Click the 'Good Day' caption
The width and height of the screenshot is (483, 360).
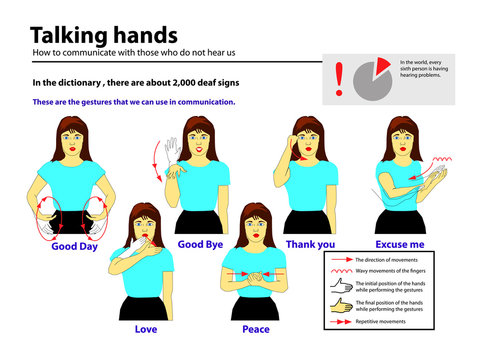[x=74, y=246]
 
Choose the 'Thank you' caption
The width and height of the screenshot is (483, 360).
[x=311, y=243]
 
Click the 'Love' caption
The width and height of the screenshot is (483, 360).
[x=147, y=328]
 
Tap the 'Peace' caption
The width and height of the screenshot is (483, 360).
[x=256, y=328]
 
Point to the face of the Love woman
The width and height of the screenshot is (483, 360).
[x=147, y=229]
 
